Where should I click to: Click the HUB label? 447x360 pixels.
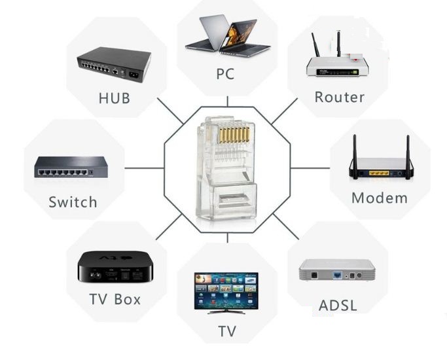point(115,98)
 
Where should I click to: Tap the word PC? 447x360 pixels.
point(225,74)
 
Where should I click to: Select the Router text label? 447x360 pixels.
point(340,97)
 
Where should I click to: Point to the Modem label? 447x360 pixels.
point(380,198)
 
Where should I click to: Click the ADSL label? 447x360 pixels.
point(338,306)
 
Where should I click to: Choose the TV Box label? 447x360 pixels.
point(115,299)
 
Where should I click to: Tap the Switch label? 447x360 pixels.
point(73,202)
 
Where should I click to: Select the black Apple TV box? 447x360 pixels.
point(115,267)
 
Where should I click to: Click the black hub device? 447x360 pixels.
point(114,65)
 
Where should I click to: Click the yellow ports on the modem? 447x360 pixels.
point(379,173)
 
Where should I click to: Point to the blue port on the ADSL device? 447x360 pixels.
point(338,275)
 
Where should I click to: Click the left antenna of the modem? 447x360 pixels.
point(355,157)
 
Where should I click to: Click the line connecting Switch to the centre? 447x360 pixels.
point(145,168)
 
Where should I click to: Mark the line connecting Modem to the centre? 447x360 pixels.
point(310,168)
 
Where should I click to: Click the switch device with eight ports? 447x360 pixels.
point(71,168)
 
